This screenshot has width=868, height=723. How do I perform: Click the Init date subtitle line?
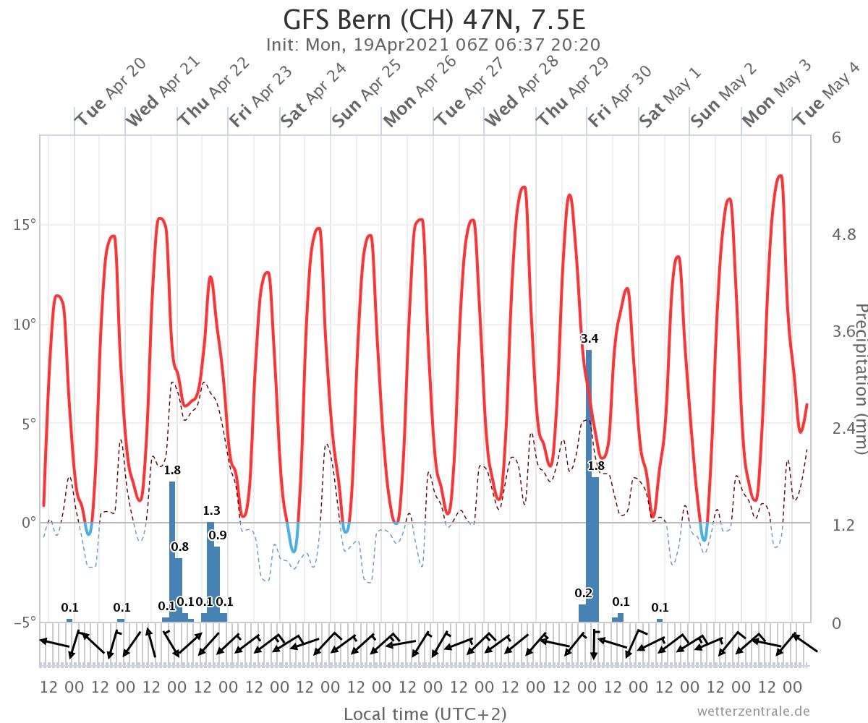(433, 45)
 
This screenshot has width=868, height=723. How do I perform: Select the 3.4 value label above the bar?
(589, 338)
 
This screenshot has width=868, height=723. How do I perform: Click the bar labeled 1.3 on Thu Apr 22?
(210, 571)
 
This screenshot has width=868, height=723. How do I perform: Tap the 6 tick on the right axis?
(836, 137)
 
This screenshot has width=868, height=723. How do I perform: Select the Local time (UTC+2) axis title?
(425, 714)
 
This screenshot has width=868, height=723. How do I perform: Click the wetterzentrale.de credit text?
(754, 711)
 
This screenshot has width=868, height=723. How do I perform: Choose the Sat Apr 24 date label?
(314, 95)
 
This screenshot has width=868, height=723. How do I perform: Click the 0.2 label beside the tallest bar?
(583, 594)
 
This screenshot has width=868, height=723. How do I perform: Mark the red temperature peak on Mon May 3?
(780, 176)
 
